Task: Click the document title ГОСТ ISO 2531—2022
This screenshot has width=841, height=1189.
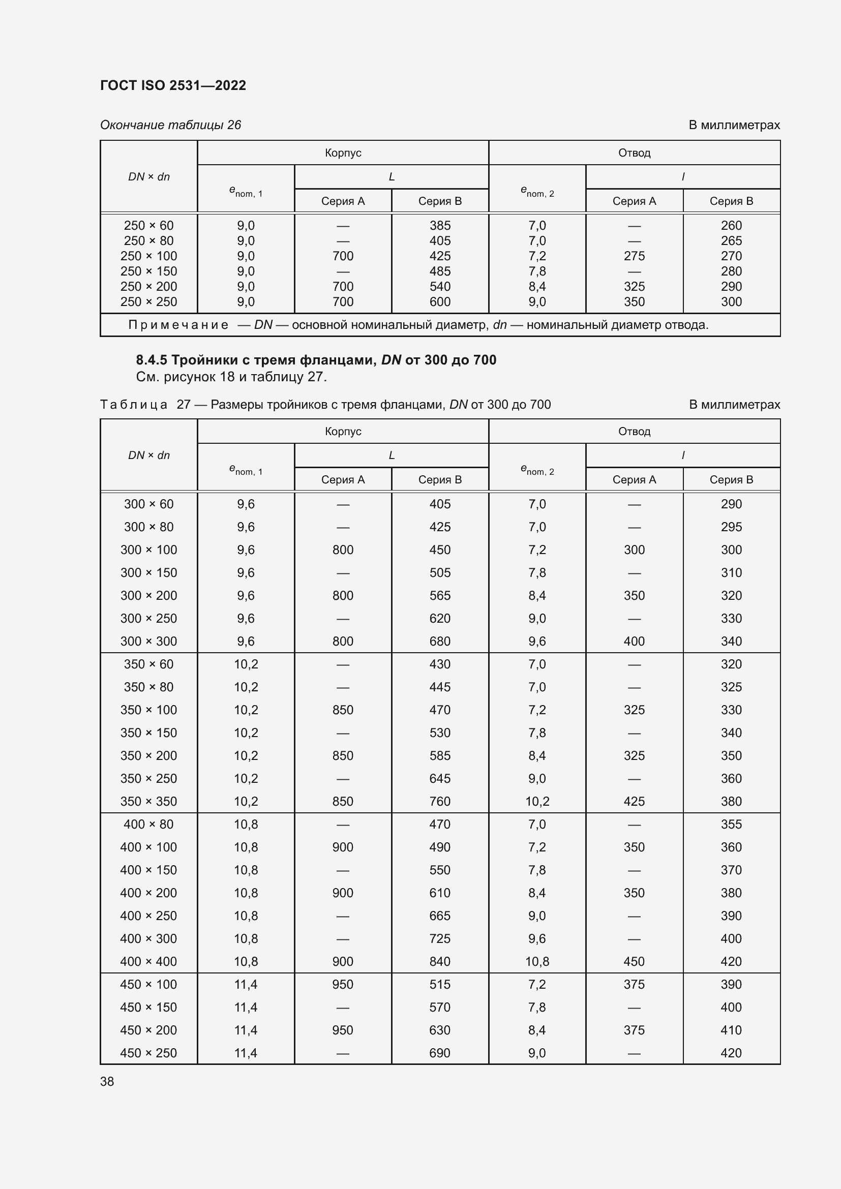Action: (172, 85)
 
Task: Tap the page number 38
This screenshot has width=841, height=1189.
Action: (107, 1081)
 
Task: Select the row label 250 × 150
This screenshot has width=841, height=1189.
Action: (148, 271)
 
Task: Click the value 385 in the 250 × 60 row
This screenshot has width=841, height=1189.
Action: (440, 226)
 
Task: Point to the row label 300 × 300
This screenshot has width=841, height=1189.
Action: (148, 641)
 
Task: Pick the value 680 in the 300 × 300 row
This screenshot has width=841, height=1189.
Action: (440, 641)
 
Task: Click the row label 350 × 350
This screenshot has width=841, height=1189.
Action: (148, 801)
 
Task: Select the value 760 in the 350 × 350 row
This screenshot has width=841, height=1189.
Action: (440, 801)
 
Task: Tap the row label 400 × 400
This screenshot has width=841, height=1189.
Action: (148, 961)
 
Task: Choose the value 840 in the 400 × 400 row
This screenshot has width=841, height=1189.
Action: (440, 961)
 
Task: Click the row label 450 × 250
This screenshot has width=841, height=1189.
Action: (148, 1053)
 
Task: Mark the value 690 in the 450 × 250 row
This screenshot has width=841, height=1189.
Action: (440, 1053)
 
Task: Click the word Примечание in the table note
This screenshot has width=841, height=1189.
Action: (177, 325)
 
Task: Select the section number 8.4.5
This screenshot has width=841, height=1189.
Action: (151, 360)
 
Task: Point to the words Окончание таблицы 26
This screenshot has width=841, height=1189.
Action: (170, 125)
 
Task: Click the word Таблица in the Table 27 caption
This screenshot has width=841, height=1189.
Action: (134, 405)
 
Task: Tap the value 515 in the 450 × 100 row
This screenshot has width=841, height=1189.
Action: (440, 984)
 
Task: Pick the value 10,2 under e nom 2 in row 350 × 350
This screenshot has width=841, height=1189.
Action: (537, 801)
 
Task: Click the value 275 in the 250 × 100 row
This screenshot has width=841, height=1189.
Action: (634, 256)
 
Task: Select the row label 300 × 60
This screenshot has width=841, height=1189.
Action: (148, 504)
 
